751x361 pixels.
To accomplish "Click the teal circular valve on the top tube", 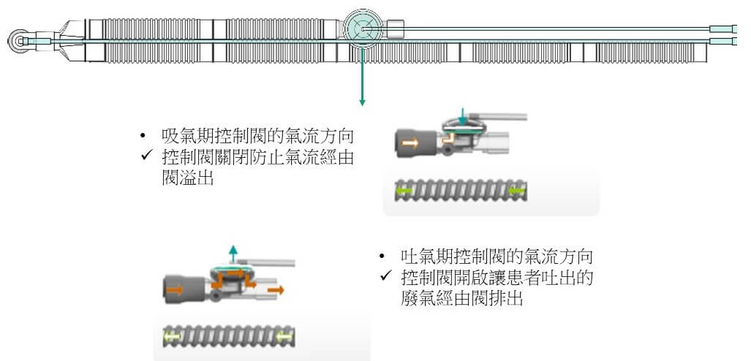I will tap(361, 28).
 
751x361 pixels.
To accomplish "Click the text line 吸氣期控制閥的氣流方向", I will tap(259, 137).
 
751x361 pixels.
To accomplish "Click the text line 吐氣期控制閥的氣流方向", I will tap(497, 257).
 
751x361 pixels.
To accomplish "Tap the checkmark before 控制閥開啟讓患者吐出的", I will tap(386, 278).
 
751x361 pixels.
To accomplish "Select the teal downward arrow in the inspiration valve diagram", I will tap(461, 116).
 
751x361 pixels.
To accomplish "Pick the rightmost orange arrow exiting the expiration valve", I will tap(277, 290).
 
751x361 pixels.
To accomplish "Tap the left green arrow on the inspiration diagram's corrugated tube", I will tap(403, 191).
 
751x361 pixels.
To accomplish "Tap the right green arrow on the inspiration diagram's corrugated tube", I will tap(517, 191).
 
